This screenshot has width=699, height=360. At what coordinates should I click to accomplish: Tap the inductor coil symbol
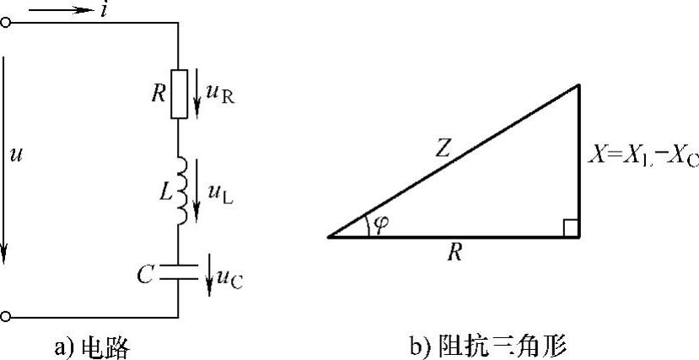180,190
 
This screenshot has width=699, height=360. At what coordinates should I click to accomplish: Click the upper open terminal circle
6,24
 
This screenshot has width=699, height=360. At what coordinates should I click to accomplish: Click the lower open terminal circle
6,317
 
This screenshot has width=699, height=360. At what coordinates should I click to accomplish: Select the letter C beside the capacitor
147,273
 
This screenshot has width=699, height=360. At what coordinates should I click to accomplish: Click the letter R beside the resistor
157,92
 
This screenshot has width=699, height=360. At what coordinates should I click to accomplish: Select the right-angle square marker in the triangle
570,228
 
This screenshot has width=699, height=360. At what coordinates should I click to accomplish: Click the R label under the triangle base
454,251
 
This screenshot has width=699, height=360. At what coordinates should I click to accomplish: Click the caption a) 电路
93,346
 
